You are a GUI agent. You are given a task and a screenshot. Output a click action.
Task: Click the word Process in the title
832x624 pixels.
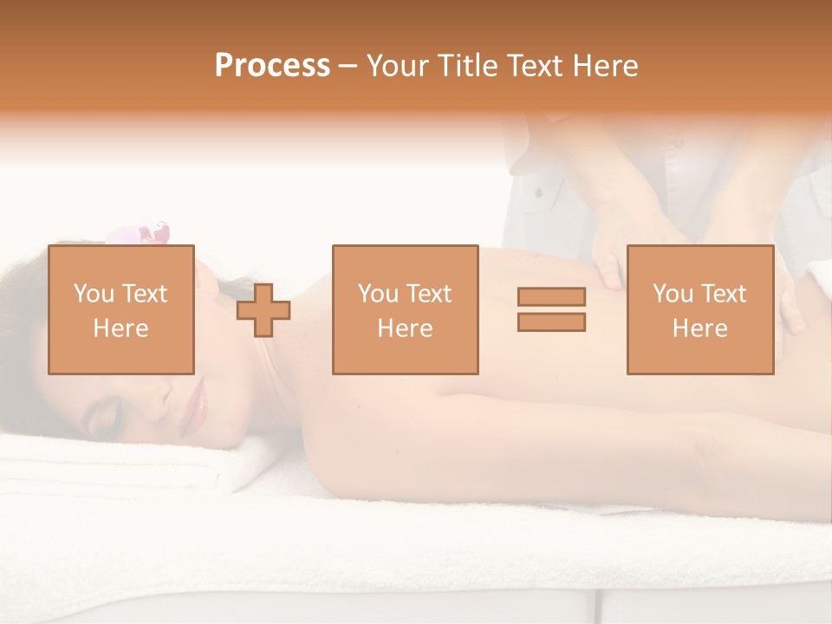[272, 66]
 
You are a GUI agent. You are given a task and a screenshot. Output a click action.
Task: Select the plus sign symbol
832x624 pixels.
[263, 310]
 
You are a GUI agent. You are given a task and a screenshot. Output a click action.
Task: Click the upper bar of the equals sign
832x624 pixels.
[551, 296]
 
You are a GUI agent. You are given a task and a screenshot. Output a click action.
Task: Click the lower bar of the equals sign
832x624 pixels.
[551, 322]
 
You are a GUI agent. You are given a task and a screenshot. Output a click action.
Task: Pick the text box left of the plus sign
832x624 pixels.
[120, 309]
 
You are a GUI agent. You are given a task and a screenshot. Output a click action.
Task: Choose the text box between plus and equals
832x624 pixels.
[405, 309]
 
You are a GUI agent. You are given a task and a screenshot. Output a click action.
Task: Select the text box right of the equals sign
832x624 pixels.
[699, 309]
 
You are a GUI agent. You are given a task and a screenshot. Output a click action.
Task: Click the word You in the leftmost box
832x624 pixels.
[92, 293]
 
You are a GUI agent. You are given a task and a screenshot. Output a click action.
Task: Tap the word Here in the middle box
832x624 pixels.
[405, 328]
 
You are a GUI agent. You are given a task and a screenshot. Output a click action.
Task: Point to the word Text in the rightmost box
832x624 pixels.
[723, 293]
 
